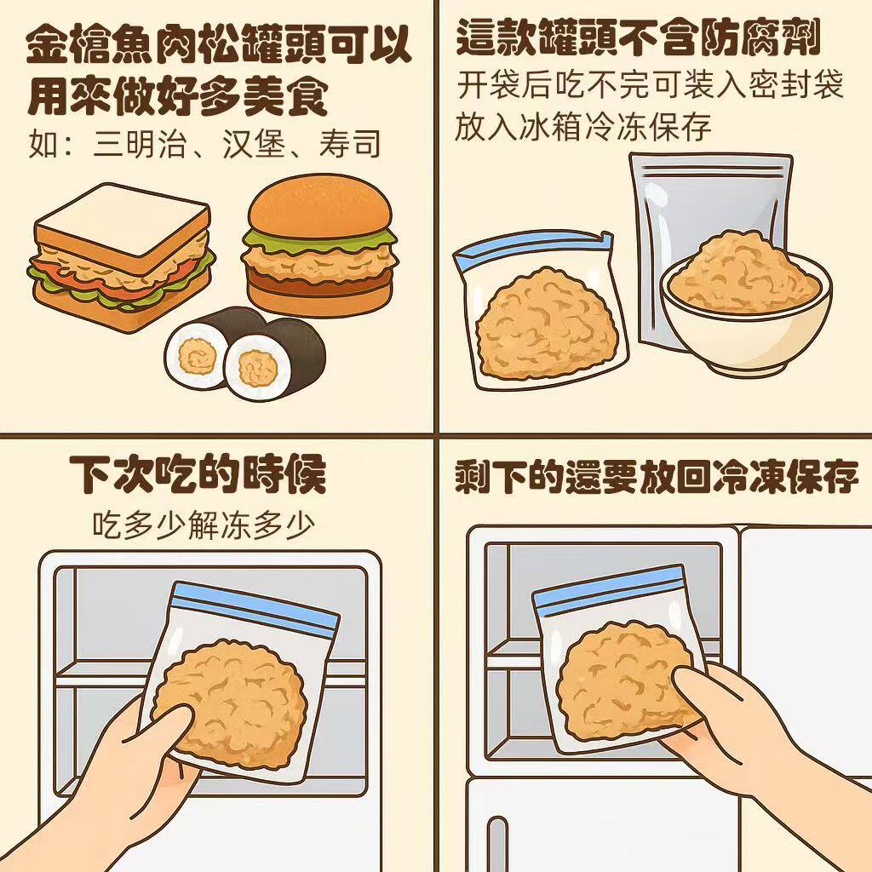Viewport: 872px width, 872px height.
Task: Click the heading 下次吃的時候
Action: click(198, 475)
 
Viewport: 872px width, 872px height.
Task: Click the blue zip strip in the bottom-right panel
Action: click(609, 588)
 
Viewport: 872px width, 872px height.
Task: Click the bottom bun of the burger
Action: click(319, 294)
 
